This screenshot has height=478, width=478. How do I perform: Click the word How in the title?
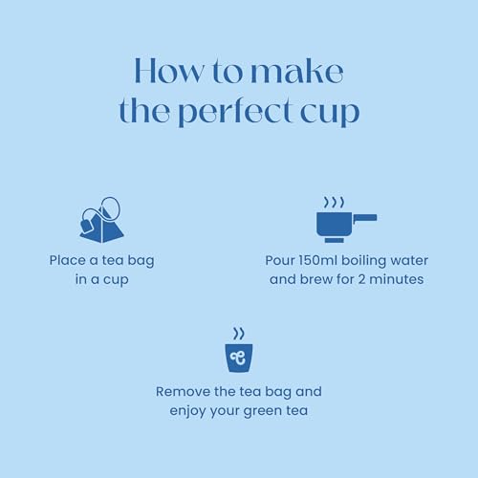point(168,71)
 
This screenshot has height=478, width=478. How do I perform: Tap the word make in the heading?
point(297,71)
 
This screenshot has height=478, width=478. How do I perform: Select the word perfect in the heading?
point(234,111)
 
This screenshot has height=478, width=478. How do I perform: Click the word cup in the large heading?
point(330,113)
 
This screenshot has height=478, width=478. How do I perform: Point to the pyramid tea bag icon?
point(101,220)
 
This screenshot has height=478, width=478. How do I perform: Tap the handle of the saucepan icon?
point(365,218)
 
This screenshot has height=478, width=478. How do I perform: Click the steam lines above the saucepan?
point(334,202)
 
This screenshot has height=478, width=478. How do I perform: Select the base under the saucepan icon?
point(334,240)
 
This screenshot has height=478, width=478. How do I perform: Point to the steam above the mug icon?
point(239,334)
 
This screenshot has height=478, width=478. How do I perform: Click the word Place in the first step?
point(67,260)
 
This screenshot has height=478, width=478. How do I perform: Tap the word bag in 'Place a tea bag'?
point(141,261)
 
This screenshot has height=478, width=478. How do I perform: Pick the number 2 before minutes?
point(361,279)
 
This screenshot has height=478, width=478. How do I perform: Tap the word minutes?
point(397,279)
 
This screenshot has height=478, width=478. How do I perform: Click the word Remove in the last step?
point(183,392)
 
